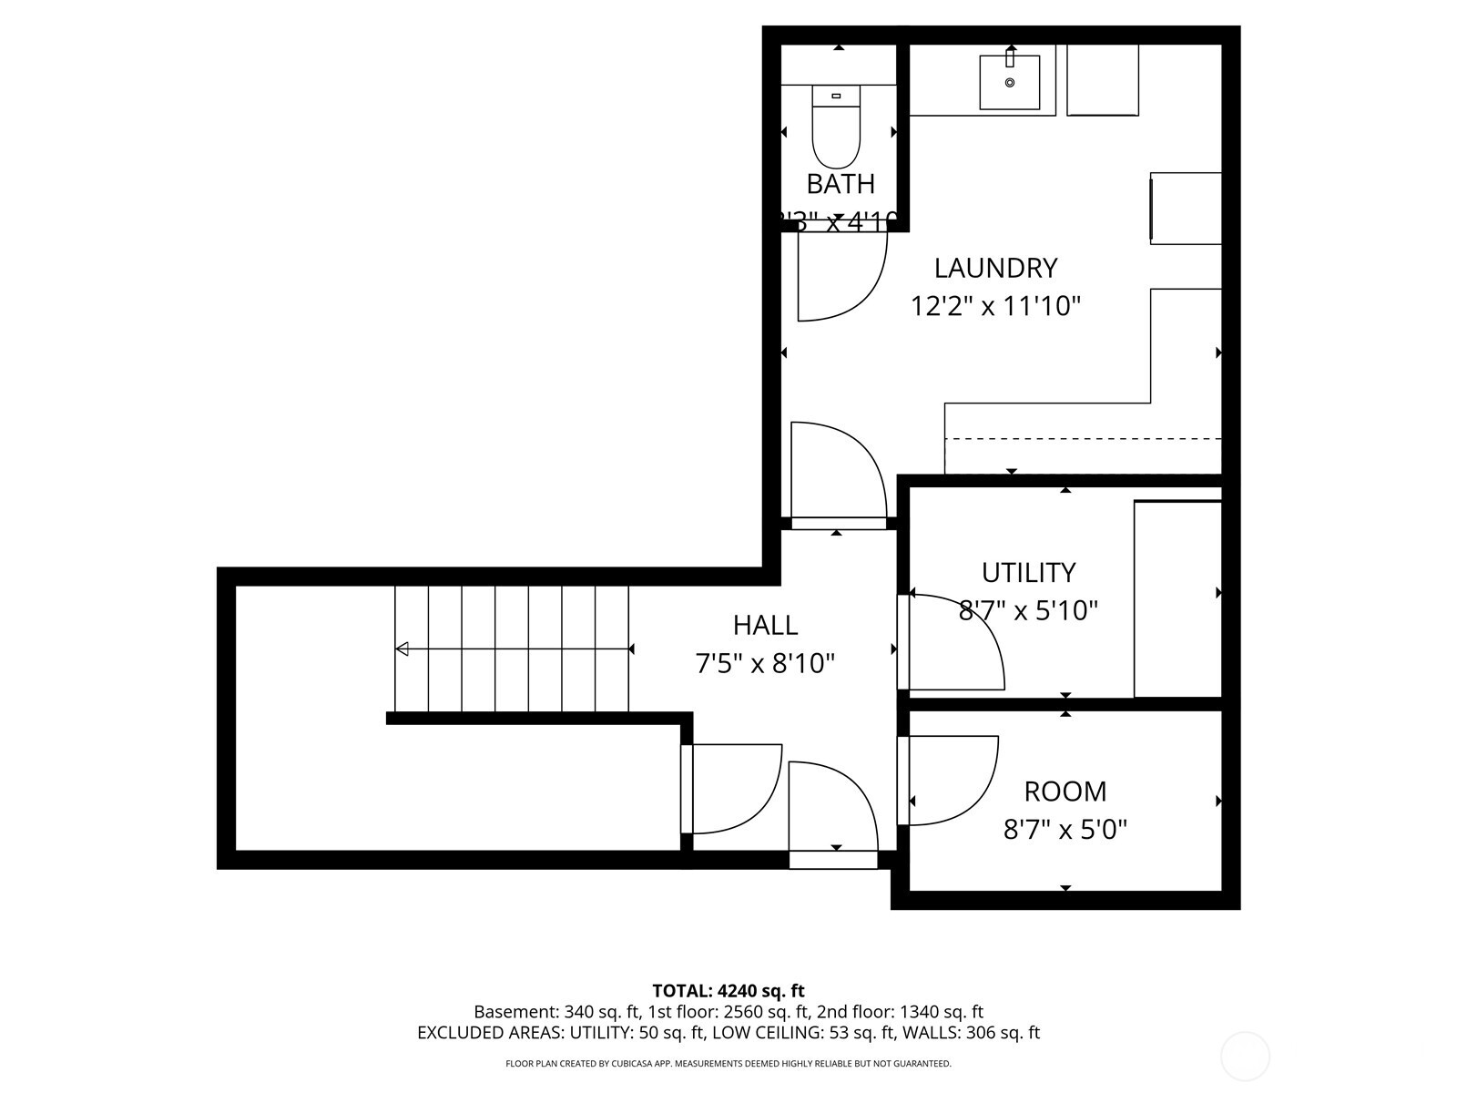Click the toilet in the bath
coord(836,128)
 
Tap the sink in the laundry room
coord(1009,83)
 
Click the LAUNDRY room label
coord(995,268)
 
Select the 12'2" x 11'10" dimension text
coord(995,306)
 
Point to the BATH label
coord(841,184)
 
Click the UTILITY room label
coord(1028,572)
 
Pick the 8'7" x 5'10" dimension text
coord(1028,610)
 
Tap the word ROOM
coord(1065,791)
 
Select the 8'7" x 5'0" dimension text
coord(1065,830)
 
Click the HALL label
coord(765,625)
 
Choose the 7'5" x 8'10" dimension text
coord(765,663)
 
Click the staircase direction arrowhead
coord(402,649)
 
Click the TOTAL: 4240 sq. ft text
coord(728,990)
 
